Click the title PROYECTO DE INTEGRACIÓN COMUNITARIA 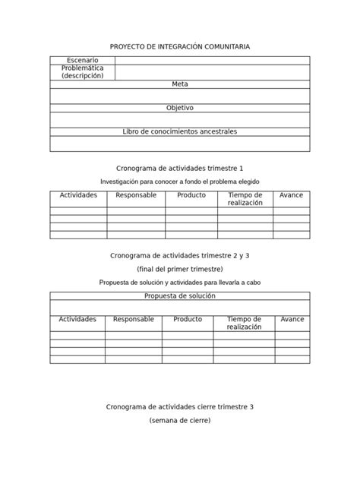point(180,47)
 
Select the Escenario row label point(82,60)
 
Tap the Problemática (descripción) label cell point(82,72)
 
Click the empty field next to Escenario point(212,60)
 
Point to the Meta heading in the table point(180,84)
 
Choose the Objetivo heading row point(180,108)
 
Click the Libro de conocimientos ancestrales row point(180,131)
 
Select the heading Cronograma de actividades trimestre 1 point(180,167)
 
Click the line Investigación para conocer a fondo point(180,182)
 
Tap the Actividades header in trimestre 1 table point(78,195)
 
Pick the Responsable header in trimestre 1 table point(136,195)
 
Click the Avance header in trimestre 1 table point(291,195)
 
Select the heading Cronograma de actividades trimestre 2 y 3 point(180,255)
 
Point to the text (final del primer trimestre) point(180,269)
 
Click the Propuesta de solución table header point(180,295)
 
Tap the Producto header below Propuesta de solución point(188,320)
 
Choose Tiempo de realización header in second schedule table point(244,323)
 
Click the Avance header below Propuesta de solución point(292,320)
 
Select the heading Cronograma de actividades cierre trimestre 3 point(180,406)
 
